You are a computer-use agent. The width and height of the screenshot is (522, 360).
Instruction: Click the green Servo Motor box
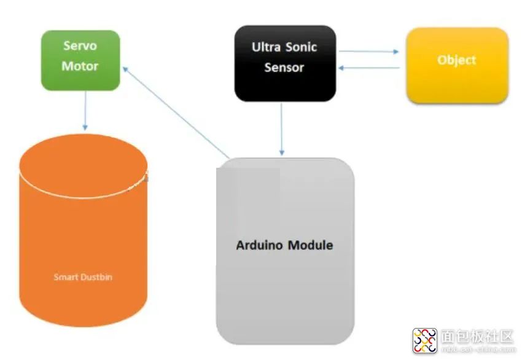(80, 60)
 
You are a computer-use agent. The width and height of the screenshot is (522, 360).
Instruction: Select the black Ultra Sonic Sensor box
(285, 63)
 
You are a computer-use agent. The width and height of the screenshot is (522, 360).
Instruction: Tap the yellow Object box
(457, 63)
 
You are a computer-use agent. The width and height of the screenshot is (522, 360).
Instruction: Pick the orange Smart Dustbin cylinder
(84, 240)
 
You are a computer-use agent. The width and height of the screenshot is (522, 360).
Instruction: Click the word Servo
(80, 45)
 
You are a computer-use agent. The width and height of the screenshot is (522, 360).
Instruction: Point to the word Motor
(80, 65)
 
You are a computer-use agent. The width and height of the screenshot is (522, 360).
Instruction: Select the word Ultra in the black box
(266, 47)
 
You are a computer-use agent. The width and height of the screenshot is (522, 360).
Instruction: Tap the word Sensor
(284, 67)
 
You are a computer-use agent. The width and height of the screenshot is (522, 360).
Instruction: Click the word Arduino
(259, 245)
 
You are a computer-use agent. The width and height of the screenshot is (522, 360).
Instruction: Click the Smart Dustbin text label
(83, 277)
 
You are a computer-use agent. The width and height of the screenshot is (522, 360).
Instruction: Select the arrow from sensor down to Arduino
(282, 129)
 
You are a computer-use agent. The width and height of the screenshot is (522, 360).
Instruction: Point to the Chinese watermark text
(477, 337)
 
